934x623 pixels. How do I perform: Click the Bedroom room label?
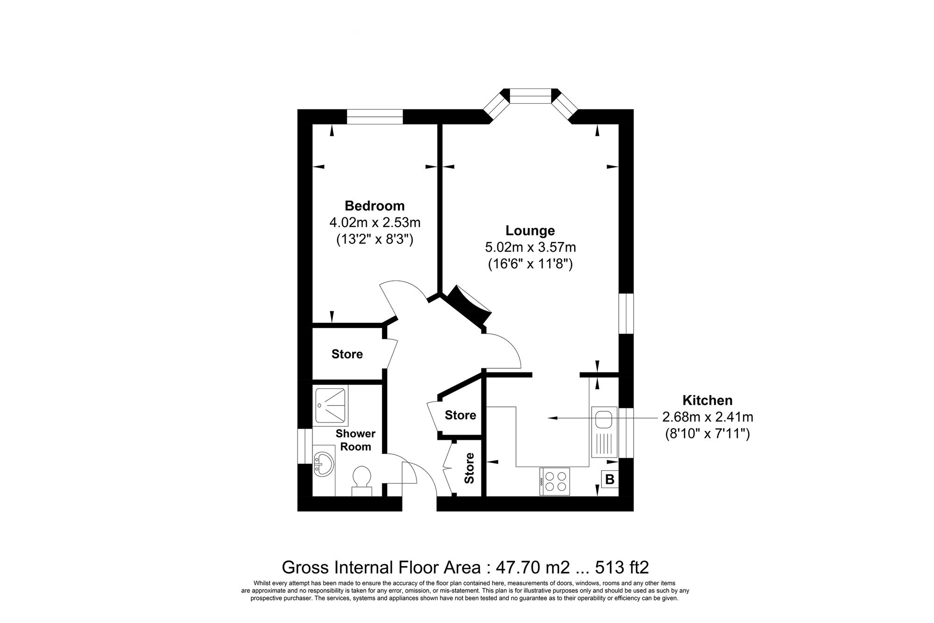(375, 206)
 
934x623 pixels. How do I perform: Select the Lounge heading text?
(530, 230)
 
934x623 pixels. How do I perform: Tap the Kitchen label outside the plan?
(707, 400)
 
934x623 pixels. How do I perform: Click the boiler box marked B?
(609, 479)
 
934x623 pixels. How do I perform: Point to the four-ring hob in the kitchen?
(555, 481)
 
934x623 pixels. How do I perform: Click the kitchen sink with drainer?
(604, 432)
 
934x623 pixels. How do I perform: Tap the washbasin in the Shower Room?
(323, 463)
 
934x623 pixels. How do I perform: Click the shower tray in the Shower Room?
(330, 406)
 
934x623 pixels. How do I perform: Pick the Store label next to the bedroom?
(347, 354)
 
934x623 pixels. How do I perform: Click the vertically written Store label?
(469, 468)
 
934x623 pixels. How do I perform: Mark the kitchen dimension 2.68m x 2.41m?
(707, 416)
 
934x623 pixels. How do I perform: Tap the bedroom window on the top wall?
(375, 116)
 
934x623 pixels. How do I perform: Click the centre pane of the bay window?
(530, 99)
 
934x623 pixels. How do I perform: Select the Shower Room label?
(355, 440)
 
